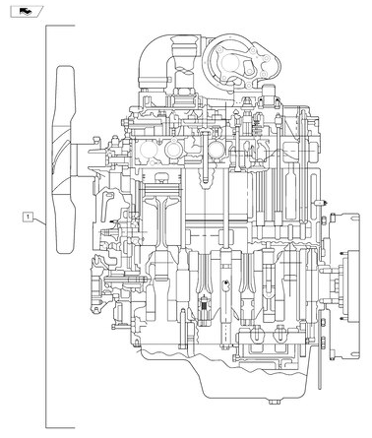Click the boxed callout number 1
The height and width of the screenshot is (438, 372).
point(30,216)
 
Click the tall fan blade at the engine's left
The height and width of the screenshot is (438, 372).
point(67,157)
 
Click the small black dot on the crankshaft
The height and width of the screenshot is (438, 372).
point(225,283)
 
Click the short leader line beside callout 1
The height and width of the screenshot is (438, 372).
point(40,219)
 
